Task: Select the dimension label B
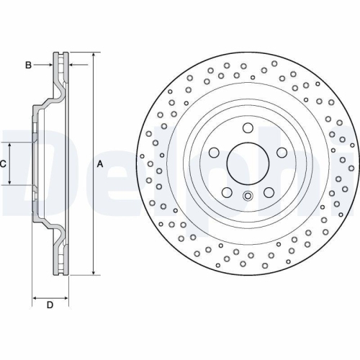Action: coord(28,66)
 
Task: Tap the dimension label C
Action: coord(4,163)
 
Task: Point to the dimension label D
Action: coord(50,305)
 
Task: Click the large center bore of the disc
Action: coord(248,163)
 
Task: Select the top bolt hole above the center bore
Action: coord(248,129)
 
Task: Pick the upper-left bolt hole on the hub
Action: coord(215,153)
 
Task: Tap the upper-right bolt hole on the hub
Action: coord(280,153)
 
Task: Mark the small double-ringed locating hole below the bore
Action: coord(248,197)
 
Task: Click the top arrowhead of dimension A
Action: coord(94,55)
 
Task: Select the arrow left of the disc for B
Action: coord(50,66)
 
